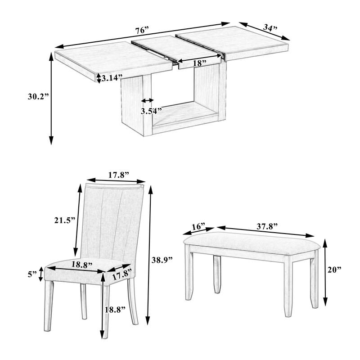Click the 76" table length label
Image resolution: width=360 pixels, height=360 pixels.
coord(141,31)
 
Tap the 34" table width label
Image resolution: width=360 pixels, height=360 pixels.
coord(270,28)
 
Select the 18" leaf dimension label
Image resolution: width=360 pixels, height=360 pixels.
coord(198,63)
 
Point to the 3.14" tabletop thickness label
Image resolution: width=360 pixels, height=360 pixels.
coord(112,78)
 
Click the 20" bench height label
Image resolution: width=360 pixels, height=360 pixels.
coord(334,270)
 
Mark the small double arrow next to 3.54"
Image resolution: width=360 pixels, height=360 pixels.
coord(148,100)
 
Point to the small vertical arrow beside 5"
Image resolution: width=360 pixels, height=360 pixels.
coord(42,273)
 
